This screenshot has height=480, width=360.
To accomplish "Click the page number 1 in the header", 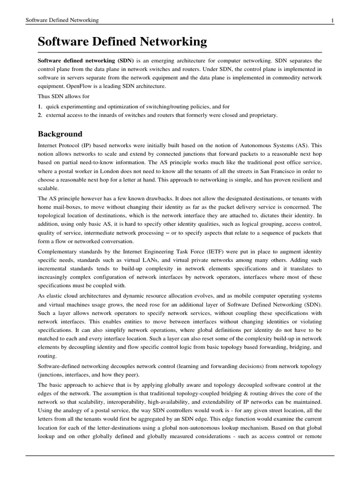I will tap(332, 20).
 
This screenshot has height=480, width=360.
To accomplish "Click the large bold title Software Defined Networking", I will tap(122, 42).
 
